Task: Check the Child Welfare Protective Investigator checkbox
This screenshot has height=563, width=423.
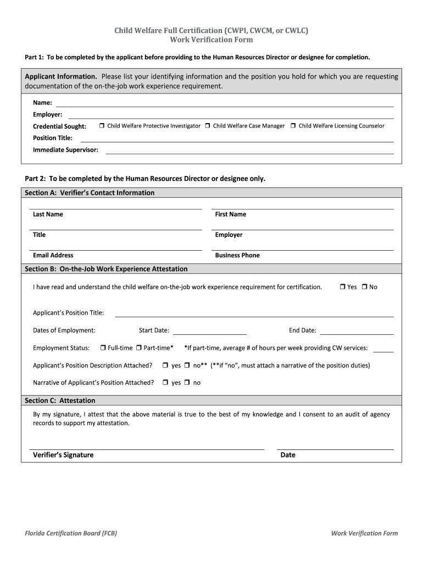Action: pos(102,126)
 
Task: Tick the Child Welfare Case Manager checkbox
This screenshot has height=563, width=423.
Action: pos(208,126)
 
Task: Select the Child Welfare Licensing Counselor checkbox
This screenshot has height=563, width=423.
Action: pos(293,126)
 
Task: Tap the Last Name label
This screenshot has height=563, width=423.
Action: pos(48,214)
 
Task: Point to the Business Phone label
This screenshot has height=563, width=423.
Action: pos(237,255)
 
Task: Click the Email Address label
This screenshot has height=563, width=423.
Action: pos(53,255)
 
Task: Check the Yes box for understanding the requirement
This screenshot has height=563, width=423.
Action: pos(342,287)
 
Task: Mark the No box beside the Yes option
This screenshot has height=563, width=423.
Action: pos(364,287)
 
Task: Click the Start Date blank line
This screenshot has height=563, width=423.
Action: pos(209,333)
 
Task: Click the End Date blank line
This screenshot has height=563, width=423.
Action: pos(357,333)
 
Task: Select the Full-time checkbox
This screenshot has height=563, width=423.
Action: pos(103,348)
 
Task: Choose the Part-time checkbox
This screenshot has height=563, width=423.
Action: pos(139,348)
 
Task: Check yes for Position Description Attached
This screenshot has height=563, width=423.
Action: pos(165,366)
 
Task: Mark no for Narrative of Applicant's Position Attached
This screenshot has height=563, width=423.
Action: pos(187,383)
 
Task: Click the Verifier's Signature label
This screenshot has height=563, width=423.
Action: pos(63,455)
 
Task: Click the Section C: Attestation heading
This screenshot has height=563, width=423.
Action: pos(60,400)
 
